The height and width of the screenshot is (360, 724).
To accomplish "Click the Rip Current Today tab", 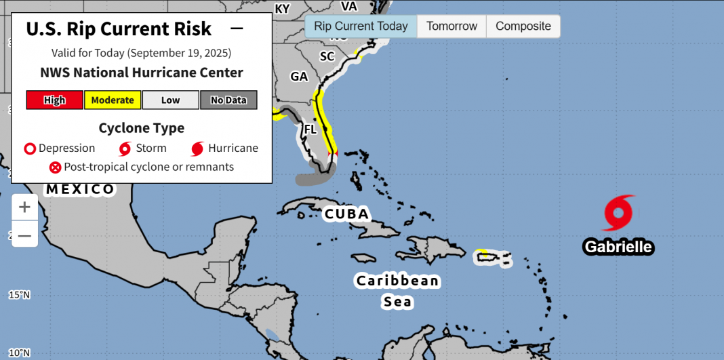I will (x=361, y=26).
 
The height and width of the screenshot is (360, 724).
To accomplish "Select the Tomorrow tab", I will (x=451, y=26).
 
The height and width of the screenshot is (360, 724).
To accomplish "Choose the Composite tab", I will (x=523, y=26).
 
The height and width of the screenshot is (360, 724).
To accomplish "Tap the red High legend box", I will (x=55, y=100).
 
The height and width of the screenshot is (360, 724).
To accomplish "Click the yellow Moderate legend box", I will (x=113, y=100).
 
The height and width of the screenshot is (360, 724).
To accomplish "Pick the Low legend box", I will (x=170, y=100).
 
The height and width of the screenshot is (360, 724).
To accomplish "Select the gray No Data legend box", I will (x=228, y=100).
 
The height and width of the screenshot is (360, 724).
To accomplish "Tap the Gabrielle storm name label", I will (x=618, y=247).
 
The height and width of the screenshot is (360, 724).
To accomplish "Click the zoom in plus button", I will (x=24, y=207).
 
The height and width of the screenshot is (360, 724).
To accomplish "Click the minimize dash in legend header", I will (x=237, y=28).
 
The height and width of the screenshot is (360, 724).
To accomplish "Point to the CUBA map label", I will (x=346, y=214).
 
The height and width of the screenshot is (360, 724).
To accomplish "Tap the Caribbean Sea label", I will (x=398, y=291).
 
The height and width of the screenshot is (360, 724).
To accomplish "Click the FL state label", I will (x=310, y=129).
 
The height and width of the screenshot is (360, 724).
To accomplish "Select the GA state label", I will (x=299, y=77).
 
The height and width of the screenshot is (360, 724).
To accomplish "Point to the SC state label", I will (x=327, y=56).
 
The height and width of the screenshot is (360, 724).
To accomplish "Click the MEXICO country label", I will (x=80, y=189).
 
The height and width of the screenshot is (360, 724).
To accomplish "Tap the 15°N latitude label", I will (x=19, y=295).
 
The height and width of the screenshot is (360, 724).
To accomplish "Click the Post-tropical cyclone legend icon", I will (x=55, y=167).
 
